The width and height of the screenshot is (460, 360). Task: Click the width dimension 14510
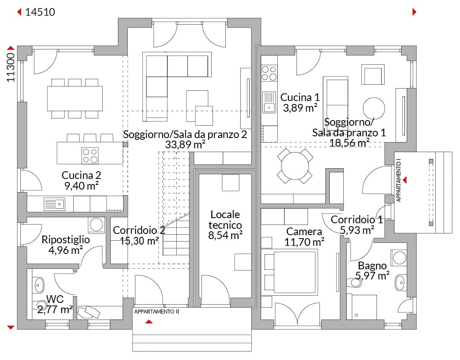click(x=40, y=12)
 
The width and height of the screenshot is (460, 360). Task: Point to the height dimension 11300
click(x=11, y=67)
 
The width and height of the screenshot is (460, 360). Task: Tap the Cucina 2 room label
click(x=81, y=175)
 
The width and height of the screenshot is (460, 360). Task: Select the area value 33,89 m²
click(x=185, y=144)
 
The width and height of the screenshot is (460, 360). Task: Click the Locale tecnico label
click(x=225, y=220)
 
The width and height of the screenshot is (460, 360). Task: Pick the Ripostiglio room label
click(x=66, y=239)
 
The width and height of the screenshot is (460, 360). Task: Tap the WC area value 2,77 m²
click(x=55, y=309)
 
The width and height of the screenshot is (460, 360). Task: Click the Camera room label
click(x=304, y=231)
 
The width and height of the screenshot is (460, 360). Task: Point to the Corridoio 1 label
click(x=356, y=220)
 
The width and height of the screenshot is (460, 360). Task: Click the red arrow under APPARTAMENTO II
click(x=149, y=321)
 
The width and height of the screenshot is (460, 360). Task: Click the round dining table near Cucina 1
click(x=295, y=165)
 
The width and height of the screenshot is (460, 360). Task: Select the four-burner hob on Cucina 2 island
click(x=90, y=156)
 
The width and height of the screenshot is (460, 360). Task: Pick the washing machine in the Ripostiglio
click(x=97, y=225)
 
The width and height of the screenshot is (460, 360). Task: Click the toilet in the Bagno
click(x=354, y=282)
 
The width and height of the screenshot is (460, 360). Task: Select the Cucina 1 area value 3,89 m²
click(x=300, y=108)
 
